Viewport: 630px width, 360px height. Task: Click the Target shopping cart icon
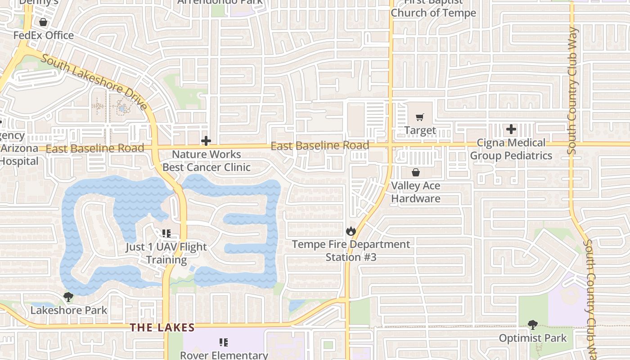(x=420, y=117)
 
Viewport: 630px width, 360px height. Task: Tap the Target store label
(x=420, y=130)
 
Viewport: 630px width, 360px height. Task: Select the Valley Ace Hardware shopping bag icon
(x=416, y=172)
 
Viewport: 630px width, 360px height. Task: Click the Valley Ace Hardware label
(x=416, y=192)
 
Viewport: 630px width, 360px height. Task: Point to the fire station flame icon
(x=351, y=231)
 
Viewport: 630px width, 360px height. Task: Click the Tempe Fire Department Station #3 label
(x=351, y=251)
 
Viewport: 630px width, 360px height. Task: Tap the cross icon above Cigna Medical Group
(x=511, y=130)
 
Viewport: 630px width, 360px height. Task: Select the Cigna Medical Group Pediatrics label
(x=511, y=149)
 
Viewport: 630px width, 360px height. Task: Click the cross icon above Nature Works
(x=206, y=141)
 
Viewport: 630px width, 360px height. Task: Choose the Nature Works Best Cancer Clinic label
(x=206, y=161)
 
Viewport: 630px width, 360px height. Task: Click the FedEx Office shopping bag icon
(x=43, y=22)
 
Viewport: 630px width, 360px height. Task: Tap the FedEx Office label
(x=43, y=35)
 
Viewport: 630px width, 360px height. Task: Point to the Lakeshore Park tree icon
(x=68, y=297)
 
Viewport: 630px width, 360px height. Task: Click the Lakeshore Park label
(x=69, y=310)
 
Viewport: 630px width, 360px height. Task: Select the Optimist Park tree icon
(x=533, y=325)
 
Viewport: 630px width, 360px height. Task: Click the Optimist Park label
(x=533, y=338)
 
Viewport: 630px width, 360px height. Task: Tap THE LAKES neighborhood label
(x=162, y=328)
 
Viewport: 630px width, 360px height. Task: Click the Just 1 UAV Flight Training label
(x=166, y=253)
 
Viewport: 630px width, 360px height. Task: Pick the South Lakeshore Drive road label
(x=94, y=83)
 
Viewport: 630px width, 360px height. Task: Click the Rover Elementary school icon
(x=224, y=342)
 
